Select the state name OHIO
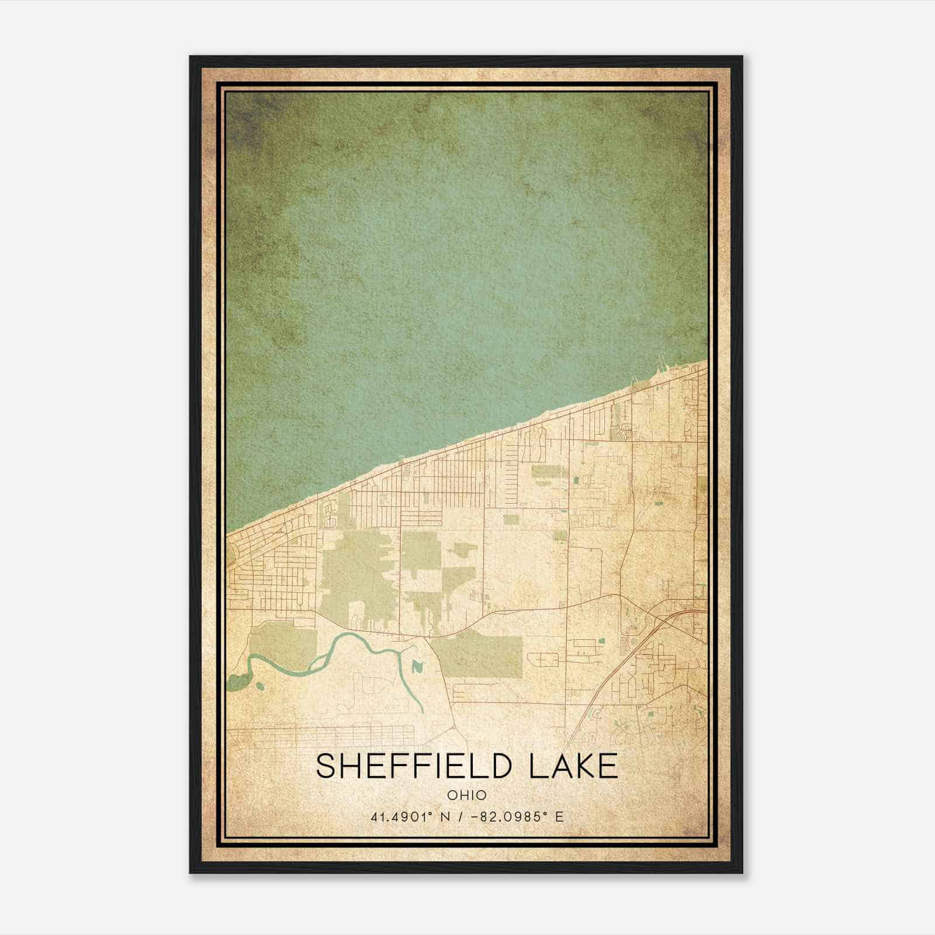tap(467, 795)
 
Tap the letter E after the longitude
tap(559, 817)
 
